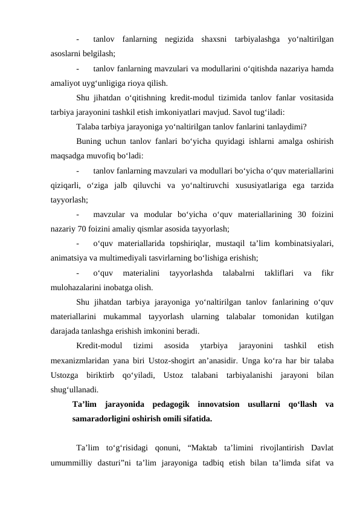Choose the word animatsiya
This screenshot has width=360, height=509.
[x=69, y=258]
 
